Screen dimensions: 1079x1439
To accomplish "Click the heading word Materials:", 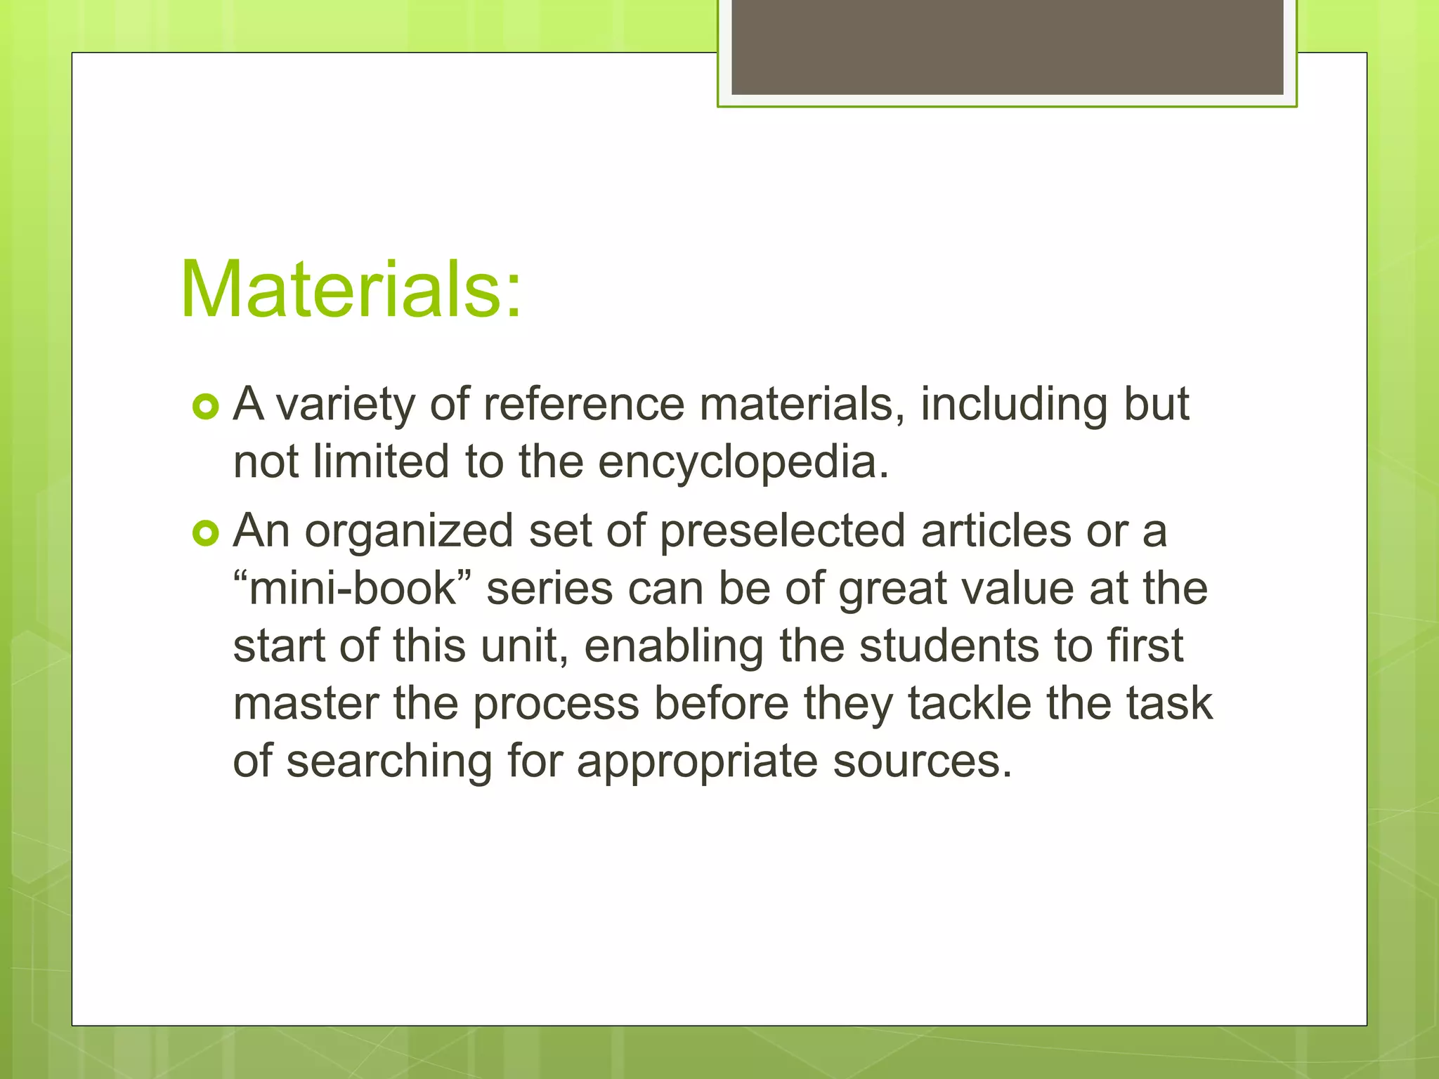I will pos(351,290).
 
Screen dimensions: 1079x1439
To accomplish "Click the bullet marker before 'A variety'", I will pos(206,407).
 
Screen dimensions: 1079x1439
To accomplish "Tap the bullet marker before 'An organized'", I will pos(206,535).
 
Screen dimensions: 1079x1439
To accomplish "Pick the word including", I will pos(1014,406).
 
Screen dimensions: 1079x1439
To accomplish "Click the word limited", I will pos(380,462).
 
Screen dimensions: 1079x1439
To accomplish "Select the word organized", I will pos(409,532).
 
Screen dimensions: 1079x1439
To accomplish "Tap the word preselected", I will pos(782,531).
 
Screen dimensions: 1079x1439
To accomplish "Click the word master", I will pos(306,704).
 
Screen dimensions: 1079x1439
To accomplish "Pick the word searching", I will pos(389,762).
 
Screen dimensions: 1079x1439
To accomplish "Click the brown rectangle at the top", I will pos(1007,46).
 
